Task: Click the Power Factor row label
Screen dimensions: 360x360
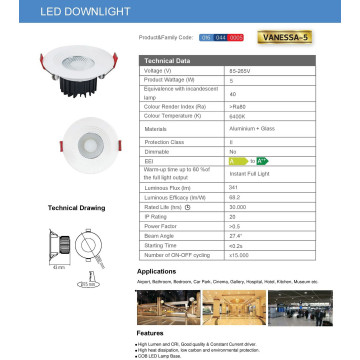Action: [160, 227]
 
